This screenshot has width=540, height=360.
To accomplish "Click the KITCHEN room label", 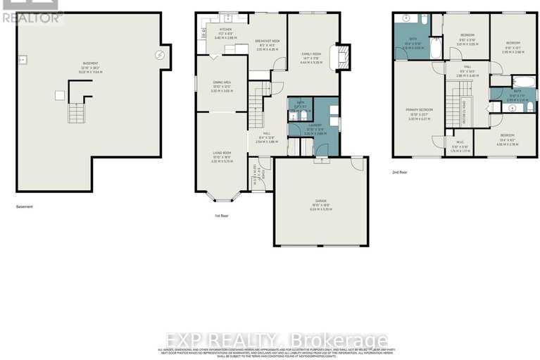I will tap(225, 30).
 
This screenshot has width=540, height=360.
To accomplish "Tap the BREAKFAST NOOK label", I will tap(268, 42).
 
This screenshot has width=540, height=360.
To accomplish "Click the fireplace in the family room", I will tap(343, 55).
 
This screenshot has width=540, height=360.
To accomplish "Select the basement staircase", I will tap(74, 111).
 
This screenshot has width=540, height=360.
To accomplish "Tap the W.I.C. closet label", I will tap(459, 142).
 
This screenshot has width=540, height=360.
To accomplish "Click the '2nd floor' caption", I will tap(400, 171).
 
